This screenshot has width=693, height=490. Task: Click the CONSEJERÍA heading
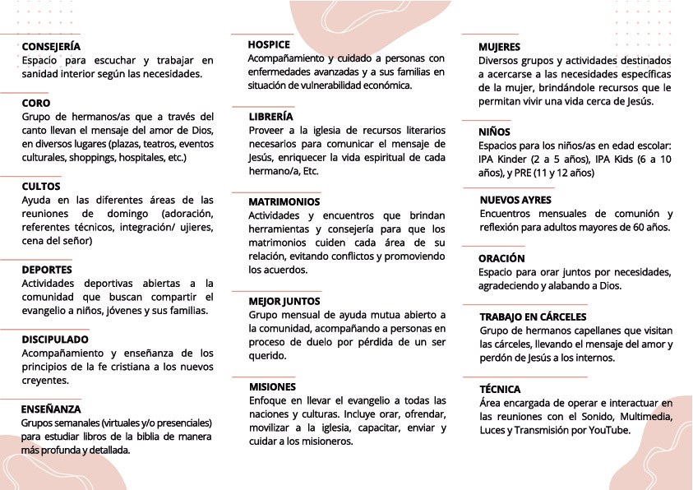51,47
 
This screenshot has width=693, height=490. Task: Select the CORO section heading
36,104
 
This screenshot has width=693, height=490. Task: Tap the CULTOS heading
41,187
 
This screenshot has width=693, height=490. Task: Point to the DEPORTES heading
47,270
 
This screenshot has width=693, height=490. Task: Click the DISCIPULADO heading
55,339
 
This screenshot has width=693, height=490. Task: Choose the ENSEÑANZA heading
51,409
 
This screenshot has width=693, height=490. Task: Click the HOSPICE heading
269,44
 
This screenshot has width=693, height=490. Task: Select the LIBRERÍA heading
270,117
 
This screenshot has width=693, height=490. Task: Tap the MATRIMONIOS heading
284,201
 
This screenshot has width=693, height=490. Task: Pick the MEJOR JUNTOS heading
284,301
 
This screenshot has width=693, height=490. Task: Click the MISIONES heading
272,386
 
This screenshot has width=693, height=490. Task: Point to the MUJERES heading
499,47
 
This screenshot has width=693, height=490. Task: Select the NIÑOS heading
494,132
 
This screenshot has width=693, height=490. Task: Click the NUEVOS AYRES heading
515,200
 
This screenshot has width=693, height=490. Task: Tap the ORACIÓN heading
501,258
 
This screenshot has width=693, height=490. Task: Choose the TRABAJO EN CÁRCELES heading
533,317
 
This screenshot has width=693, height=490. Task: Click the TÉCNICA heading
500,389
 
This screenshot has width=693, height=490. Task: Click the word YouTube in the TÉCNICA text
610,430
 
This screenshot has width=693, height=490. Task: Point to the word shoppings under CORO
92,156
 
